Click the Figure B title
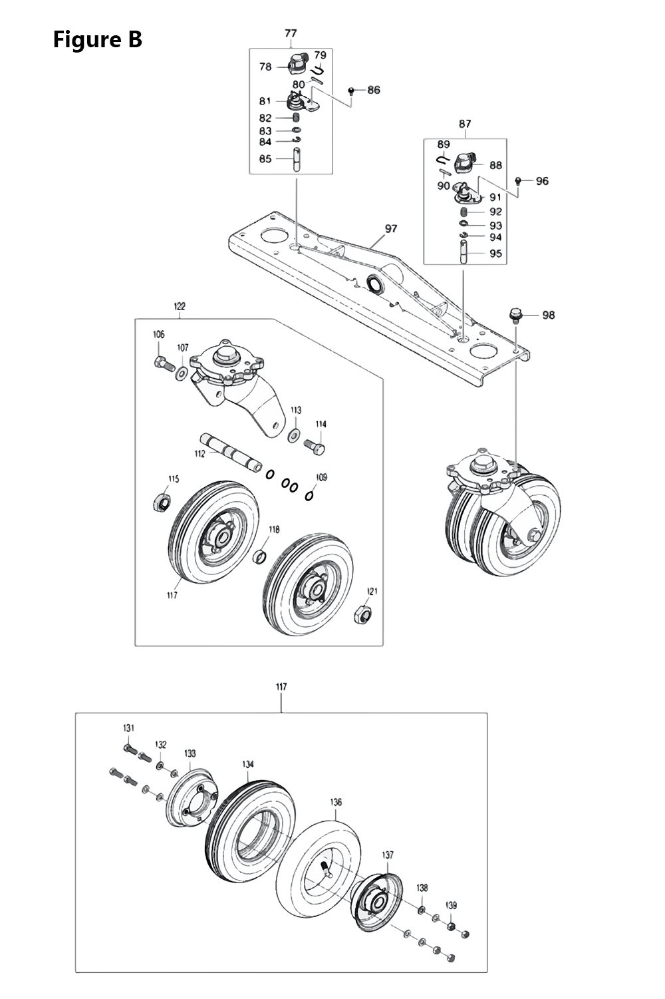coord(97,40)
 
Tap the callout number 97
coord(391,228)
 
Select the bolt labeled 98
coord(514,313)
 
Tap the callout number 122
coord(180,307)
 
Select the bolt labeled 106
coord(162,363)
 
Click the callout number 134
coord(247,765)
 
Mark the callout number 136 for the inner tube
coord(336,802)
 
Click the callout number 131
coord(128,728)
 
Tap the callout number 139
coord(451,905)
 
